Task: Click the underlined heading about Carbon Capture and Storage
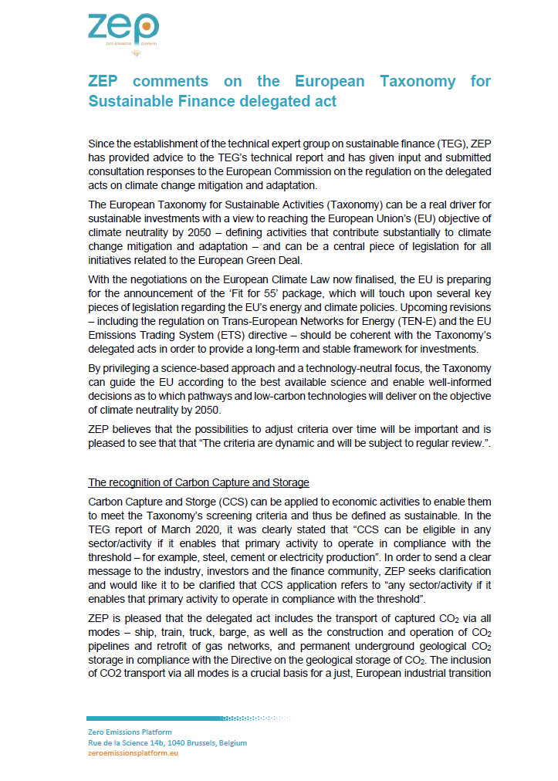(198, 483)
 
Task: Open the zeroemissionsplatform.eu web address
(133, 752)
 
